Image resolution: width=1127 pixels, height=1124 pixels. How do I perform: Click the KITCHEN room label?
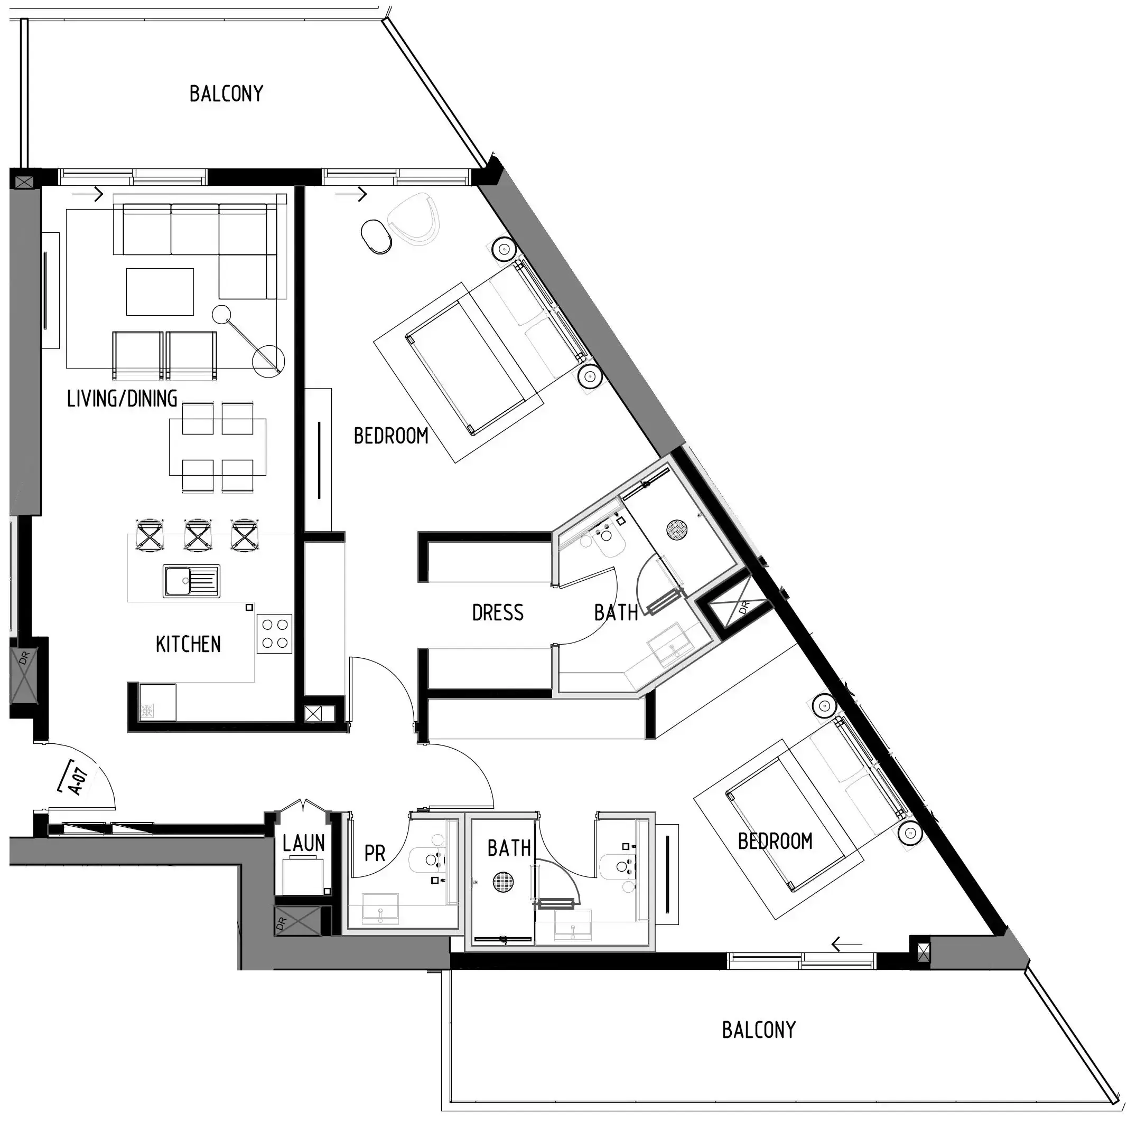click(x=188, y=644)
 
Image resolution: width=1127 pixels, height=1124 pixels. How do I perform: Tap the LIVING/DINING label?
click(x=122, y=399)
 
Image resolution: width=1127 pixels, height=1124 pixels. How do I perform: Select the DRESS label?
click(x=498, y=613)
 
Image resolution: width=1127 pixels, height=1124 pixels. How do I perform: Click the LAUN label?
click(x=303, y=843)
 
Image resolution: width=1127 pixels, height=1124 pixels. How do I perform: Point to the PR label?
click(x=375, y=854)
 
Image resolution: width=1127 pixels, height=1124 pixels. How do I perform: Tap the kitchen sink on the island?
click(x=191, y=581)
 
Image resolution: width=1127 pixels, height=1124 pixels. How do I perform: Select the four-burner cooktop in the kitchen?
click(x=274, y=634)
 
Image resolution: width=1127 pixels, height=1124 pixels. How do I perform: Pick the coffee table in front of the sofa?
click(x=160, y=291)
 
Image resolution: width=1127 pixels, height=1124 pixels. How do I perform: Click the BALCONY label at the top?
click(x=226, y=94)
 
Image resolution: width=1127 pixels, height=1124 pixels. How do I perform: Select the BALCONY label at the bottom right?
click(x=758, y=1030)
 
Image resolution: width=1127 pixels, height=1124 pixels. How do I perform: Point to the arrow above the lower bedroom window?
click(x=846, y=944)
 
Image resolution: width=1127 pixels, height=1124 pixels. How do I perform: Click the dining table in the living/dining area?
click(x=218, y=447)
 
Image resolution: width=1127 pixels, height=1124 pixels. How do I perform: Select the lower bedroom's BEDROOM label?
click(x=775, y=841)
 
